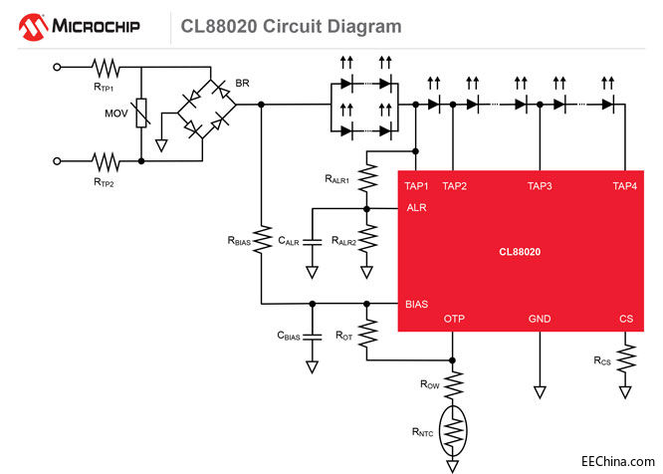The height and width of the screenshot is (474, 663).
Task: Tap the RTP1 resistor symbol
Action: (106, 68)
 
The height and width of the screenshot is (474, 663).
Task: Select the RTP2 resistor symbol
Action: (106, 159)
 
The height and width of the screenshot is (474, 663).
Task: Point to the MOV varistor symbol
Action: (141, 114)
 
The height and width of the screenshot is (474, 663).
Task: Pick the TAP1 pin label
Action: (416, 185)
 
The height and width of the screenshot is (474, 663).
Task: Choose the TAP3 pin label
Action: (540, 185)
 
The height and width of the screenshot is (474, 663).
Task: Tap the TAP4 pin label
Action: (624, 185)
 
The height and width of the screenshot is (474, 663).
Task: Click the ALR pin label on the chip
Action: (417, 208)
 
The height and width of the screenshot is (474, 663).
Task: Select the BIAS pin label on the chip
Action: (417, 304)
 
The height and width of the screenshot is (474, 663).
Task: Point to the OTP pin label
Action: (454, 319)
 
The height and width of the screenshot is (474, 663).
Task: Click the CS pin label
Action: (626, 319)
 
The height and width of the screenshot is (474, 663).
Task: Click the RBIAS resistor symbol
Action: (261, 240)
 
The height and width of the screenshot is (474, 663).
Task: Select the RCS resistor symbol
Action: (626, 357)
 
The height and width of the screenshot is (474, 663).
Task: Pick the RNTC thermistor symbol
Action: (454, 429)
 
